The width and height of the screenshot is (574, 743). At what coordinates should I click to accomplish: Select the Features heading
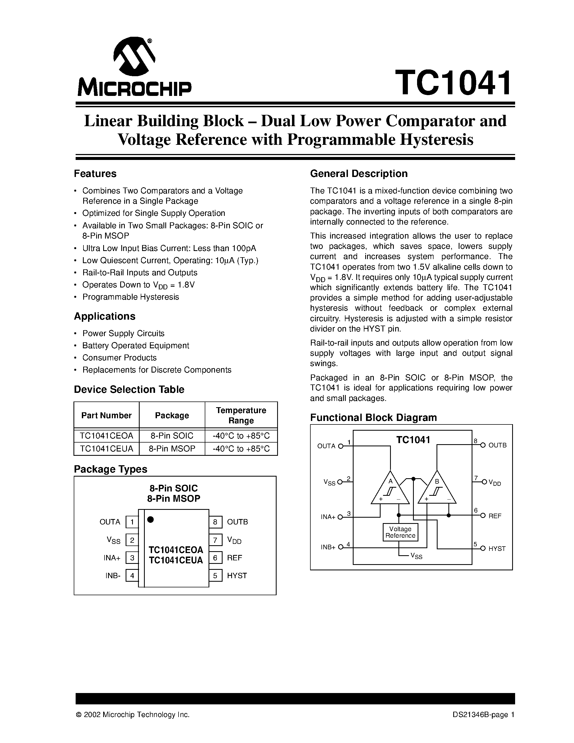click(95, 173)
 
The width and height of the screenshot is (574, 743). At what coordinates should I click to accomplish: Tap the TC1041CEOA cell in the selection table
click(106, 436)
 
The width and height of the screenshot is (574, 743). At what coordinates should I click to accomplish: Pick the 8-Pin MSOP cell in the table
click(172, 449)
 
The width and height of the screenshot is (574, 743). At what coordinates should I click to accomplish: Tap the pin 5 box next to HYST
click(215, 575)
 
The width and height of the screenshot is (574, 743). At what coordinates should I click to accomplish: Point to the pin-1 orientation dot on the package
click(150, 520)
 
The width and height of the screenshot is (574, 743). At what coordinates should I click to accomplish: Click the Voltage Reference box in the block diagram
click(400, 532)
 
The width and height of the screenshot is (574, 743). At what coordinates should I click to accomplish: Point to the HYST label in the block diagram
click(497, 548)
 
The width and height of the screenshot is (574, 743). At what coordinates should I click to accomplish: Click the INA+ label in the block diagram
click(328, 517)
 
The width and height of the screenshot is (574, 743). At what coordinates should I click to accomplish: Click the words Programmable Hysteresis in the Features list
click(130, 297)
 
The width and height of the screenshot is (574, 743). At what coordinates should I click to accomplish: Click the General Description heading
click(359, 173)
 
